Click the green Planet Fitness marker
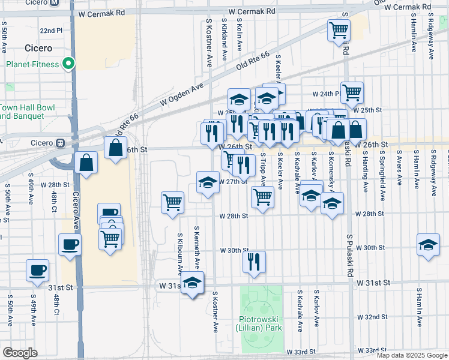click(x=69, y=64)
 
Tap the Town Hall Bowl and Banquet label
click(x=27, y=112)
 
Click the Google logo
click(x=20, y=353)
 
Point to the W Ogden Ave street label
click(x=182, y=96)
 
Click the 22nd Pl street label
click(x=51, y=30)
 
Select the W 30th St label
click(x=234, y=250)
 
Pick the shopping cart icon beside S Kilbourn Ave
click(x=172, y=202)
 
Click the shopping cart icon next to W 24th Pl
click(x=352, y=92)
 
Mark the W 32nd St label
click(x=372, y=317)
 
